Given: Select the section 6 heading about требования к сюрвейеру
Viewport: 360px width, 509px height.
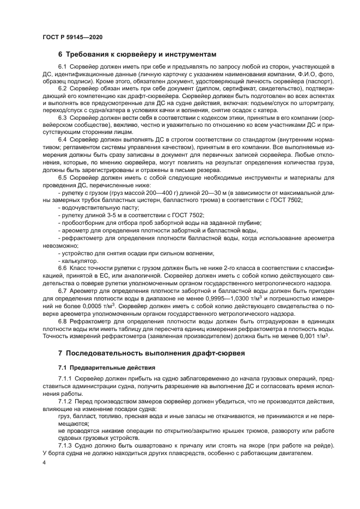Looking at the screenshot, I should point(137,54).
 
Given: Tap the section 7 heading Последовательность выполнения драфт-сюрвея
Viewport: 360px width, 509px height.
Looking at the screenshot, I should point(152,353).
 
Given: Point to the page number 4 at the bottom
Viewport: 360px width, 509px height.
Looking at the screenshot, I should point(44,462).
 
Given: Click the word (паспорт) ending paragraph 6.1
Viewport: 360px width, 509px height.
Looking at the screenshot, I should point(303,79).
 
